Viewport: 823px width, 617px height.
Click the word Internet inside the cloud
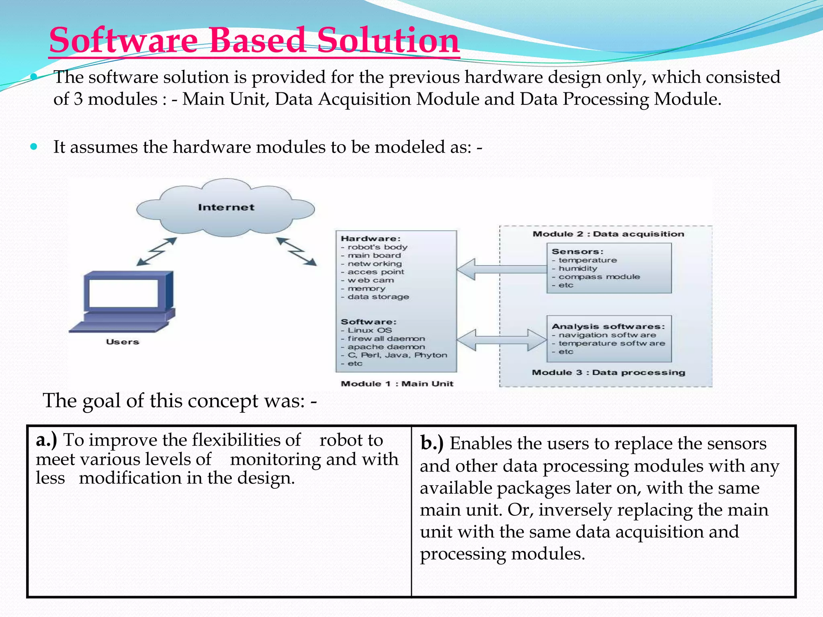(x=226, y=207)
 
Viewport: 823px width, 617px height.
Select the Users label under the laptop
(x=123, y=342)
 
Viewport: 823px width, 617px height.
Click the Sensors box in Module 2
(x=609, y=268)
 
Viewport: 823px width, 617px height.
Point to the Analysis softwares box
(x=609, y=339)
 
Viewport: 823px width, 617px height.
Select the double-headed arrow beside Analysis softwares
(x=502, y=340)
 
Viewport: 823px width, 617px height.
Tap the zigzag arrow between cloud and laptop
(x=156, y=251)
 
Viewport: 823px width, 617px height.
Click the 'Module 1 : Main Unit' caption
(x=397, y=384)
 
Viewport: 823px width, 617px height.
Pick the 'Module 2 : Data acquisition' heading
(x=608, y=234)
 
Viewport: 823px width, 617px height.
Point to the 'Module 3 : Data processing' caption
(x=608, y=372)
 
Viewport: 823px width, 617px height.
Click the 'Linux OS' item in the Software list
(x=370, y=330)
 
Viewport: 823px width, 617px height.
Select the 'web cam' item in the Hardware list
(x=371, y=280)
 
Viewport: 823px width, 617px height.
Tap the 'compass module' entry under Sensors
(x=599, y=277)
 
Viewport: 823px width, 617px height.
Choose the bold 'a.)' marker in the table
(x=46, y=440)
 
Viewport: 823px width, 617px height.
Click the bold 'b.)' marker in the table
(x=432, y=443)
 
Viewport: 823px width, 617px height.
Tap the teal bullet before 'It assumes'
(x=34, y=147)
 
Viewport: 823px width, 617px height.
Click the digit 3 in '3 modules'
(x=78, y=99)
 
